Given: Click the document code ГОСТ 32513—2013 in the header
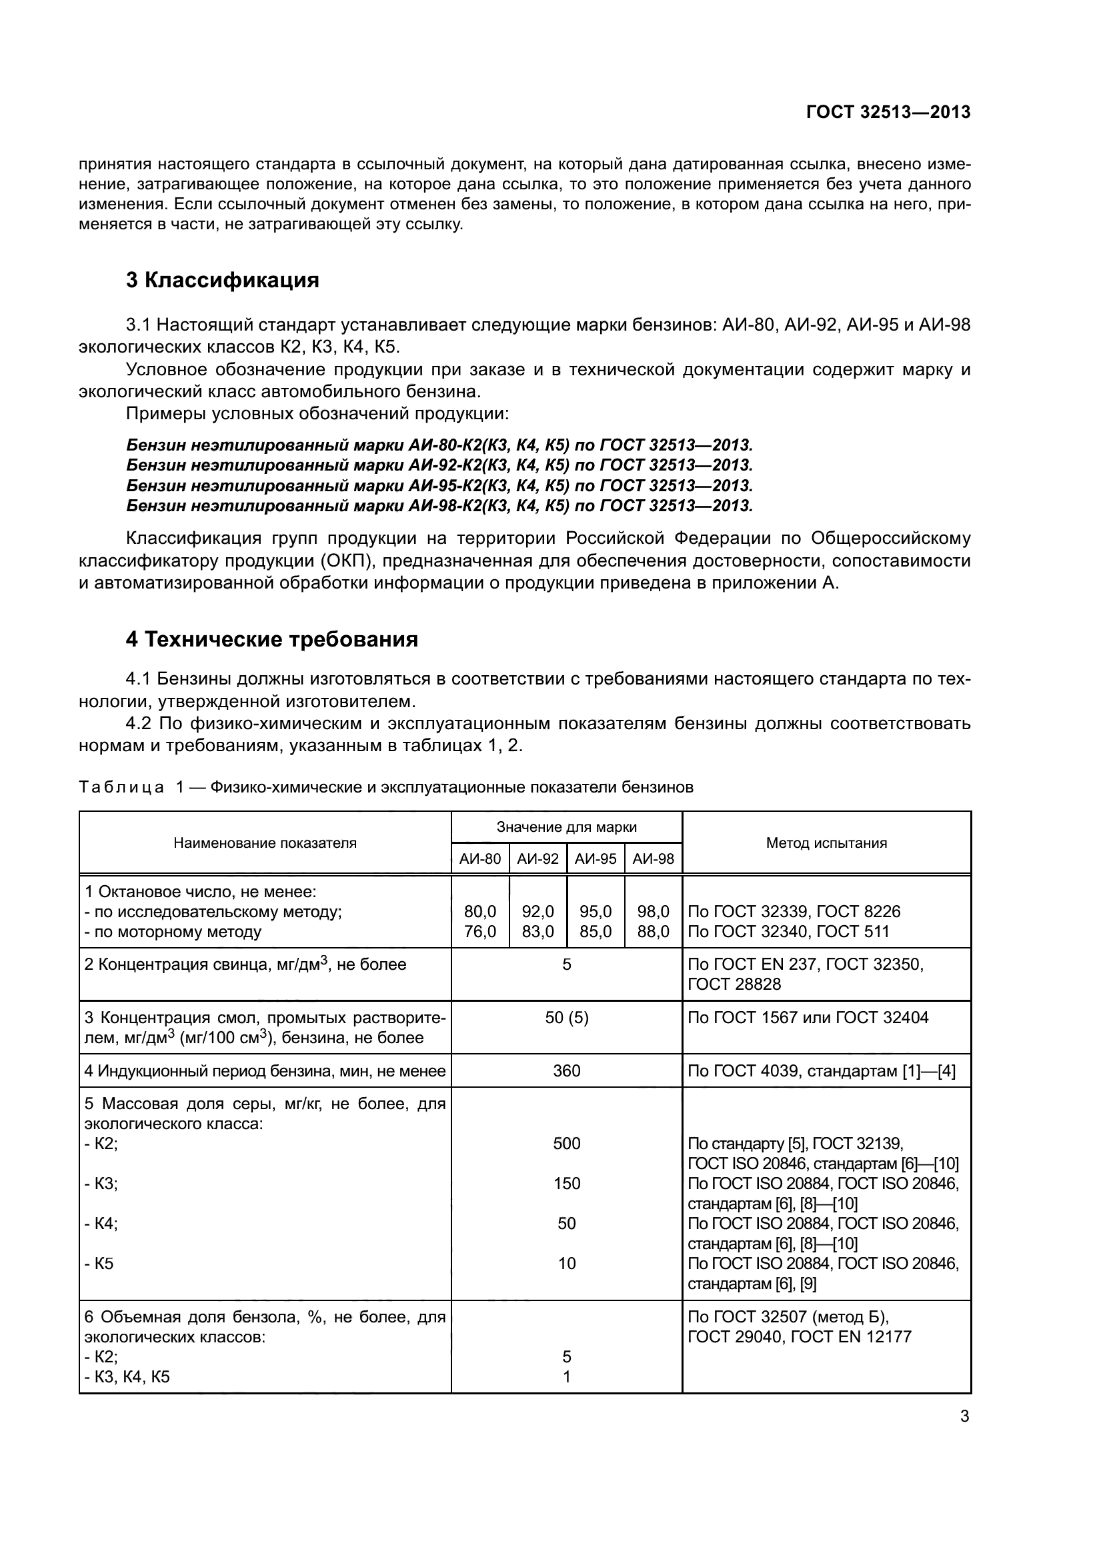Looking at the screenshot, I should tap(888, 113).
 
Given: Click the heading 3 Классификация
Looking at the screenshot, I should tap(222, 281).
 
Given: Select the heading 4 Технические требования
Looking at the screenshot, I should tap(271, 640).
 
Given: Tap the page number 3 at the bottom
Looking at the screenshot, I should tap(964, 1416).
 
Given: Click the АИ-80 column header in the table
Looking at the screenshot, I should tap(479, 859).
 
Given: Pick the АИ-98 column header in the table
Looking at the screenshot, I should tap(653, 859).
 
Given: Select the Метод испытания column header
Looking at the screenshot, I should tap(826, 843).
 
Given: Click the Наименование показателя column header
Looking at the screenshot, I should tap(265, 843).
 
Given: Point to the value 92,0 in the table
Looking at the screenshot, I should tap(537, 912).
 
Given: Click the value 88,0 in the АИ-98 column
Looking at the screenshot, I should tap(653, 932).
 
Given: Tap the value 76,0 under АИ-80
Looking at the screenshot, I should tap(479, 932).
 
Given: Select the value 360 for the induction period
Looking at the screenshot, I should tap(566, 1072).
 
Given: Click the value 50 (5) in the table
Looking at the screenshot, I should tap(566, 1018).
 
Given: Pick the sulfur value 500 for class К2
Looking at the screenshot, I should tap(566, 1144).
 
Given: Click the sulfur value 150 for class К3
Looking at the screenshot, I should tap(566, 1184).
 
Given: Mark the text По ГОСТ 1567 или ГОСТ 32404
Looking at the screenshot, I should tap(808, 1018).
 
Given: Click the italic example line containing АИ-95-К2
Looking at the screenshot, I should tap(439, 486).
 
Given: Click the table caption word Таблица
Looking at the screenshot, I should tap(121, 788).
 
